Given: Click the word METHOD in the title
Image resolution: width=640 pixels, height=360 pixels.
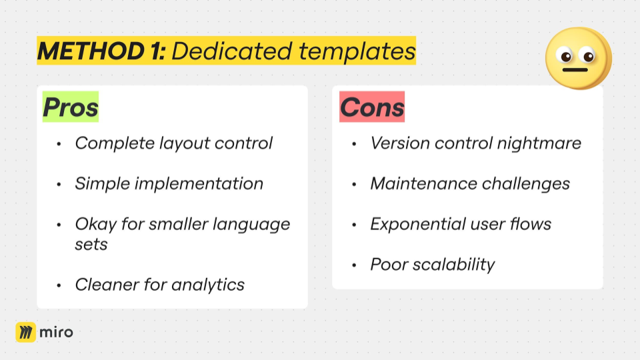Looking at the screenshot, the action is click(91, 51).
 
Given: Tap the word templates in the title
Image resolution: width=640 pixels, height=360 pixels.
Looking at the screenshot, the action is click(357, 51).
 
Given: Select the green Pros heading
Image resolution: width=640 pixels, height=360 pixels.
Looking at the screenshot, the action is click(71, 107).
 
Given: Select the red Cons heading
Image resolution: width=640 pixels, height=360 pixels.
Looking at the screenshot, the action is click(372, 107).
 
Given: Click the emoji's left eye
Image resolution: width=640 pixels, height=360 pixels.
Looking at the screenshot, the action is click(565, 56).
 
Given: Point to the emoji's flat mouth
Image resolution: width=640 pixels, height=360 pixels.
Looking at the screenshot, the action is click(575, 70).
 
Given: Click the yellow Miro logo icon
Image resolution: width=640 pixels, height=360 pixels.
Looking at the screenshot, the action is click(26, 332).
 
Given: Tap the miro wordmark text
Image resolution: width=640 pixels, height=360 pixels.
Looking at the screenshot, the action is click(56, 332).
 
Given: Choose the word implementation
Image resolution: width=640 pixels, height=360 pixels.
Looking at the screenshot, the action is click(199, 184).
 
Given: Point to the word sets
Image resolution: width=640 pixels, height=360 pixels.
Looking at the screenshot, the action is click(91, 245).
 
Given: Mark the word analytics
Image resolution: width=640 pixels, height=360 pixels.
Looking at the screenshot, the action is click(208, 285).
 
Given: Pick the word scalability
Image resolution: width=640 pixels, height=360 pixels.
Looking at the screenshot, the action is click(453, 265).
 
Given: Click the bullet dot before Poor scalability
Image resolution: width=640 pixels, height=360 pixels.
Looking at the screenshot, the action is click(354, 265).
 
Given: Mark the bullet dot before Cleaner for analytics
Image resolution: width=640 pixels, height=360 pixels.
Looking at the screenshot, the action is click(59, 285).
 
